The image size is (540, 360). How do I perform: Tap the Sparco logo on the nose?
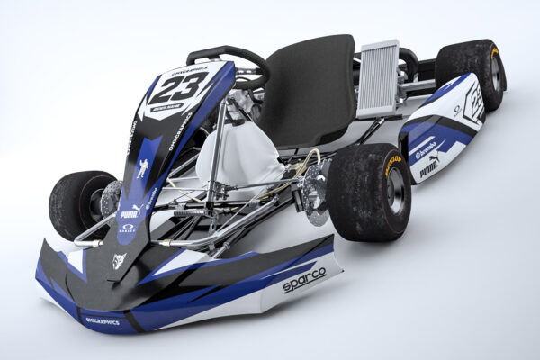(x=304, y=281)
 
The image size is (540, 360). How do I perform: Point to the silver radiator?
(x=377, y=79)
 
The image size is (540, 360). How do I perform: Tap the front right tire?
(x=369, y=191)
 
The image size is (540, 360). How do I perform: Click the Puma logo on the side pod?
(x=429, y=167)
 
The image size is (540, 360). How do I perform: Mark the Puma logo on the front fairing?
(x=130, y=214)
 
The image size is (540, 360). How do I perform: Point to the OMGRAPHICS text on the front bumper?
(x=102, y=320)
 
